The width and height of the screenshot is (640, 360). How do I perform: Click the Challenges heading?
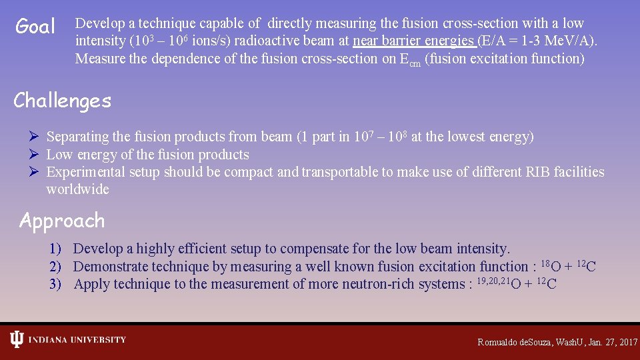tap(62, 101)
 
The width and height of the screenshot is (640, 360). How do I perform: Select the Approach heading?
tap(62, 221)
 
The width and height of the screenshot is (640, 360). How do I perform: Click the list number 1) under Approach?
tap(56, 249)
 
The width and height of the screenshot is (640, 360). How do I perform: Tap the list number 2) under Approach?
tap(56, 267)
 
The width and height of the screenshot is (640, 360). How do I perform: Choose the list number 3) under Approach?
tap(56, 285)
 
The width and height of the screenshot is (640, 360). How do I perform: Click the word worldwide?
tap(77, 189)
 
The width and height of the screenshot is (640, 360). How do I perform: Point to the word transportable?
tap(339, 172)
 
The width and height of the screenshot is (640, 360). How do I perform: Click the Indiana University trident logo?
tap(16, 340)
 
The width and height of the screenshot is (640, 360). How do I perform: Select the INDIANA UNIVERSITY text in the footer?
tap(77, 340)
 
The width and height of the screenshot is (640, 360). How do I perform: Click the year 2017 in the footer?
tap(628, 342)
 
